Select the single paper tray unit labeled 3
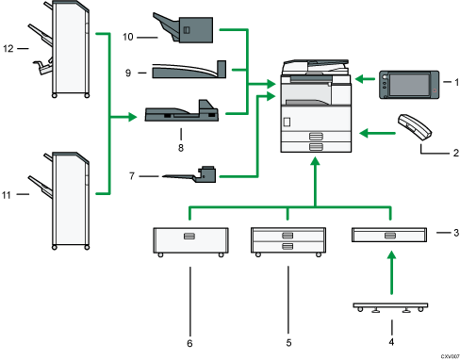[x=387, y=234]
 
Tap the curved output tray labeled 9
[x=184, y=70]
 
